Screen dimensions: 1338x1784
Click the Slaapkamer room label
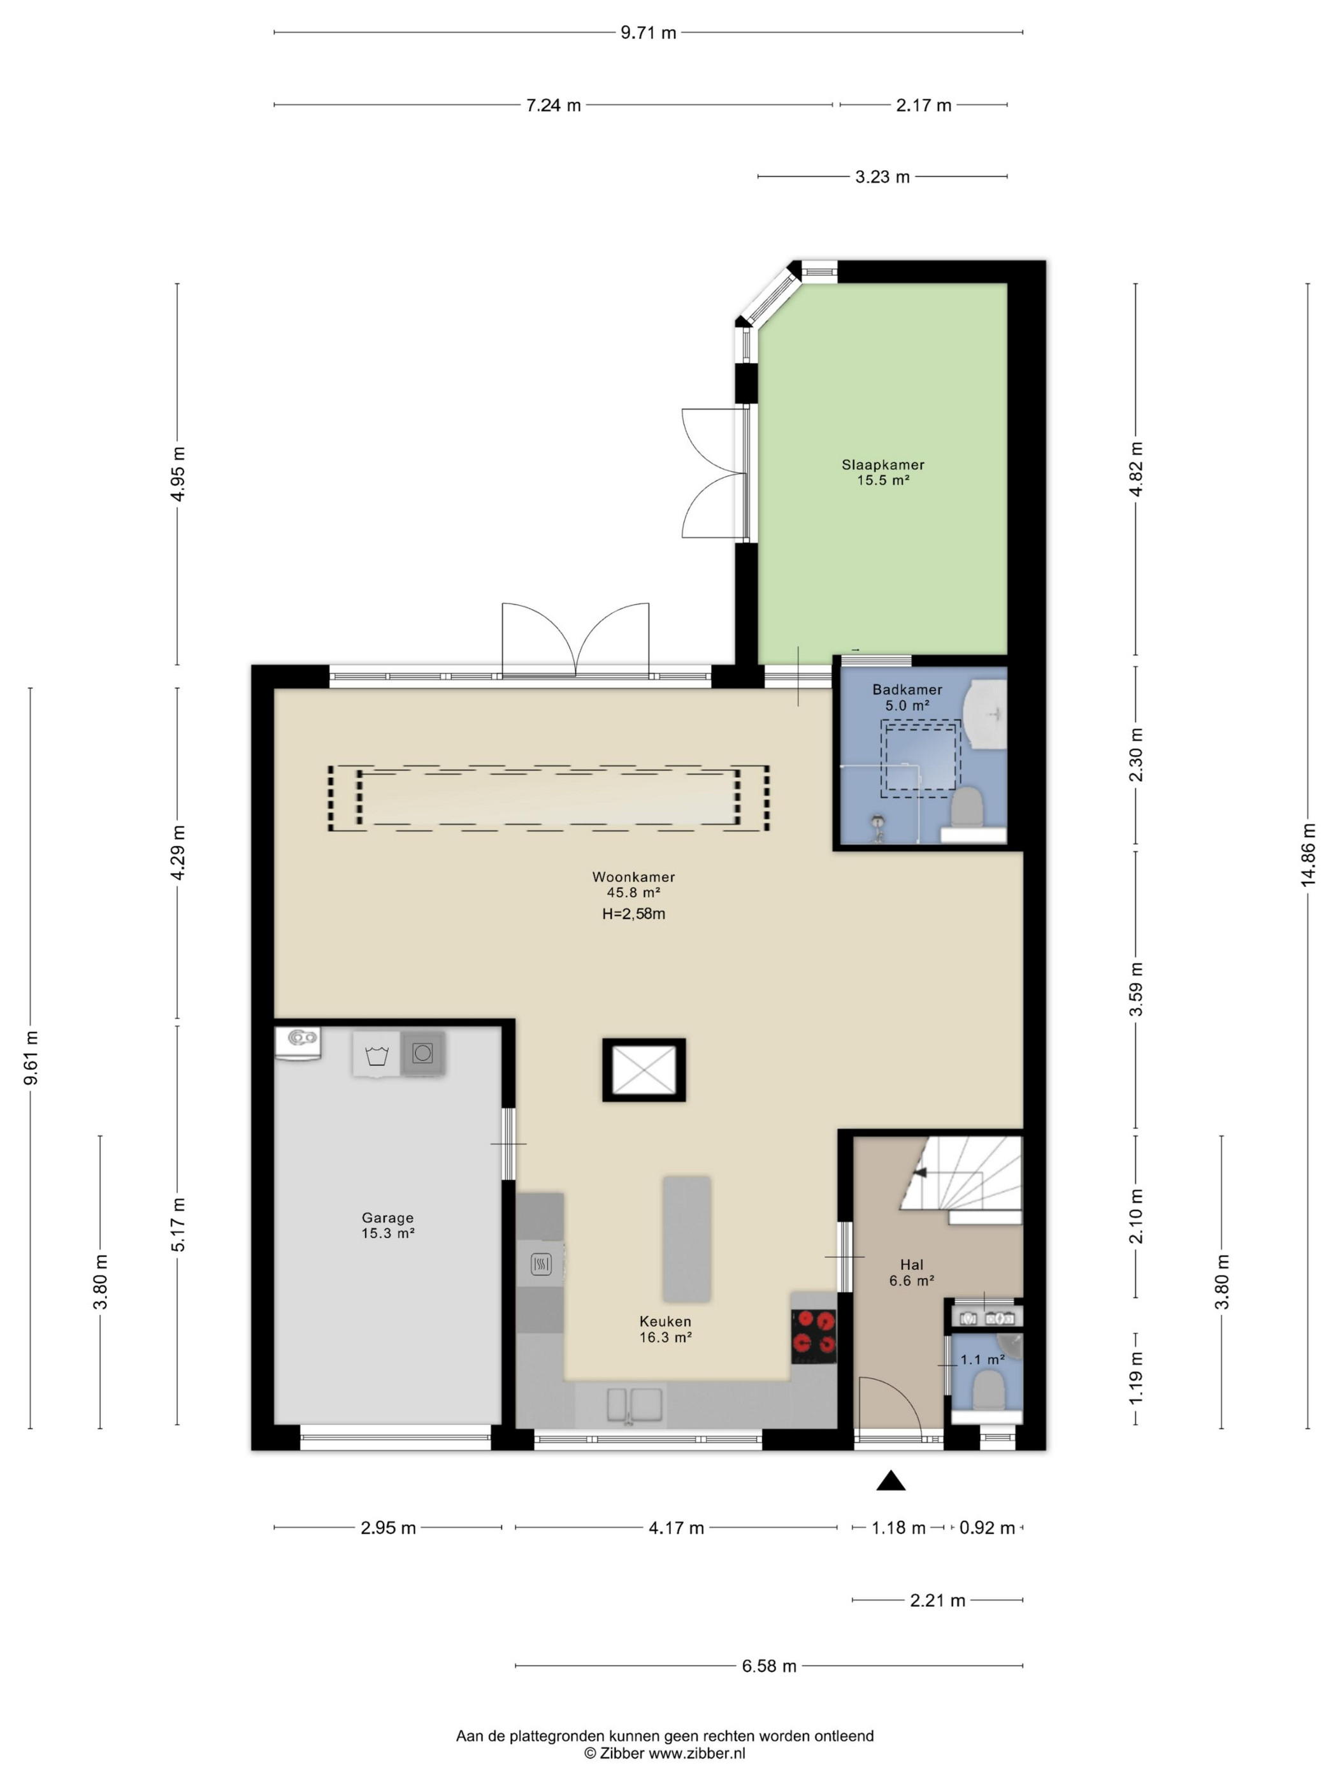882,464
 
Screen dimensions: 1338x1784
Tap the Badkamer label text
907,689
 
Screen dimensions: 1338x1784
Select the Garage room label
387,1218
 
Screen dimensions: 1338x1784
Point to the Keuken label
665,1321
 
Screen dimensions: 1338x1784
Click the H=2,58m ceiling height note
633,914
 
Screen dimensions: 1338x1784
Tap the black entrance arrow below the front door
890,1480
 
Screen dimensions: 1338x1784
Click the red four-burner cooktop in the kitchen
813,1335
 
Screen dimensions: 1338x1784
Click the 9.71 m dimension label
647,33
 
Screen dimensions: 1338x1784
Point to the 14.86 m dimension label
1307,854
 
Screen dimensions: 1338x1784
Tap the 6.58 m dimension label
768,1665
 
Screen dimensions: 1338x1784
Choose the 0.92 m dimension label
986,1527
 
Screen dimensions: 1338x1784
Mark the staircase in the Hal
961,1179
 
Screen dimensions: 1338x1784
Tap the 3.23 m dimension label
882,176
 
